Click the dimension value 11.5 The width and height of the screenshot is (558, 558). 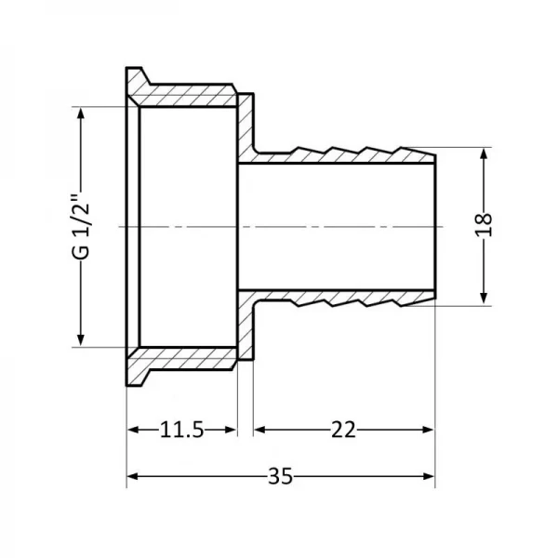(181, 430)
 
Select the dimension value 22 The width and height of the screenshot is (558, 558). (341, 430)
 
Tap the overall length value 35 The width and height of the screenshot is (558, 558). (279, 476)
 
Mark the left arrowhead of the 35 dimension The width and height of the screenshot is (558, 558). (133, 476)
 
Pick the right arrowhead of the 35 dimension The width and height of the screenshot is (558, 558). (429, 476)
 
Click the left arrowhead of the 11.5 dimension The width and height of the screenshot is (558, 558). (133, 430)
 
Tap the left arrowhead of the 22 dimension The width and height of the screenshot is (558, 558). (261, 430)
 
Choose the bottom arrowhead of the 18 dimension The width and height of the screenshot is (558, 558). (484, 298)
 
